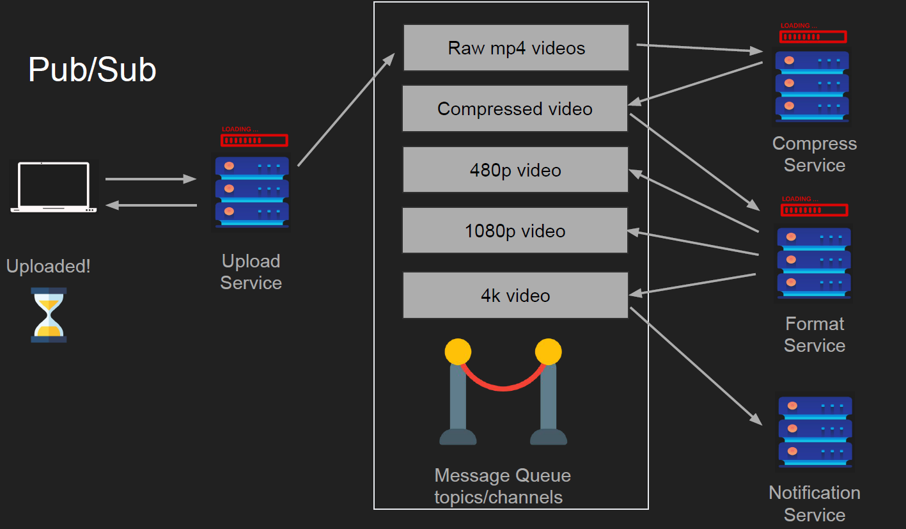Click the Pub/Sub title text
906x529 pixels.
(92, 70)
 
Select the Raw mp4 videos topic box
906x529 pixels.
(516, 48)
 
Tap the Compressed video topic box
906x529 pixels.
(515, 109)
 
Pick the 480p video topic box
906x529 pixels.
(515, 170)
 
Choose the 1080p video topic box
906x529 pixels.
(515, 231)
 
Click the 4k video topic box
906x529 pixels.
(515, 296)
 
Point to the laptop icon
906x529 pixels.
(54, 187)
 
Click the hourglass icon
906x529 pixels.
(49, 315)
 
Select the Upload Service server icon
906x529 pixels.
(252, 192)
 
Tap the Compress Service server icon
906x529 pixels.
(812, 86)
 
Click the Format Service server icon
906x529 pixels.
(814, 262)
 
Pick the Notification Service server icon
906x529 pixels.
(815, 431)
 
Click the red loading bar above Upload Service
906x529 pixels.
(254, 140)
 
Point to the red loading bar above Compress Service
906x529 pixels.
(813, 36)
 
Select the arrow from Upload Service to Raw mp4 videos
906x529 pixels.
(346, 110)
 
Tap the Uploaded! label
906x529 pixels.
(49, 266)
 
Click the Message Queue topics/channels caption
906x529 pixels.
(502, 486)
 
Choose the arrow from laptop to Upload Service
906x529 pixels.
(151, 179)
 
